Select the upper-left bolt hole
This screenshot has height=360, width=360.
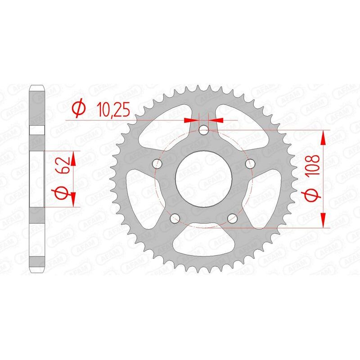(157, 163)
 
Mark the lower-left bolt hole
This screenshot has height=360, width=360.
(175, 218)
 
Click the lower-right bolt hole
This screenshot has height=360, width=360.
(232, 218)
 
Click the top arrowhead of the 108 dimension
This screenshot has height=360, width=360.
(323, 137)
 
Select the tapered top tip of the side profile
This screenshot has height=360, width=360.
(37, 87)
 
